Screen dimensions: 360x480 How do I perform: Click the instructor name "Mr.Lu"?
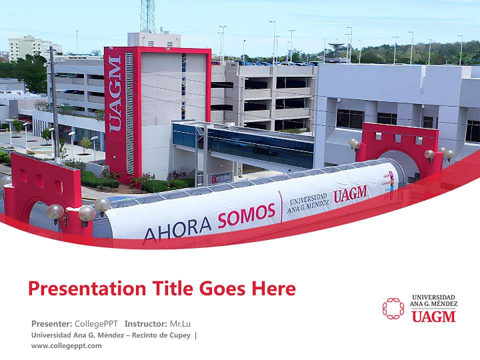coord(180,323)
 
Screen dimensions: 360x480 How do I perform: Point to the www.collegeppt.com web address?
coord(66,345)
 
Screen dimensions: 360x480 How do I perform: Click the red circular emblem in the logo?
coord(393,308)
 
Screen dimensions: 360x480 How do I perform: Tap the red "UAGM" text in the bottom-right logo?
coord(433,316)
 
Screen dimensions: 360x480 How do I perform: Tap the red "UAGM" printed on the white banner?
coord(350,193)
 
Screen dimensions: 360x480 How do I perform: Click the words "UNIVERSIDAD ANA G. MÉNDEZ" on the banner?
coord(308,203)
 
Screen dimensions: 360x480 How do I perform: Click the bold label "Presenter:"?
coord(51,323)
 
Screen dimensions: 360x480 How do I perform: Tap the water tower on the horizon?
coord(335,47)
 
